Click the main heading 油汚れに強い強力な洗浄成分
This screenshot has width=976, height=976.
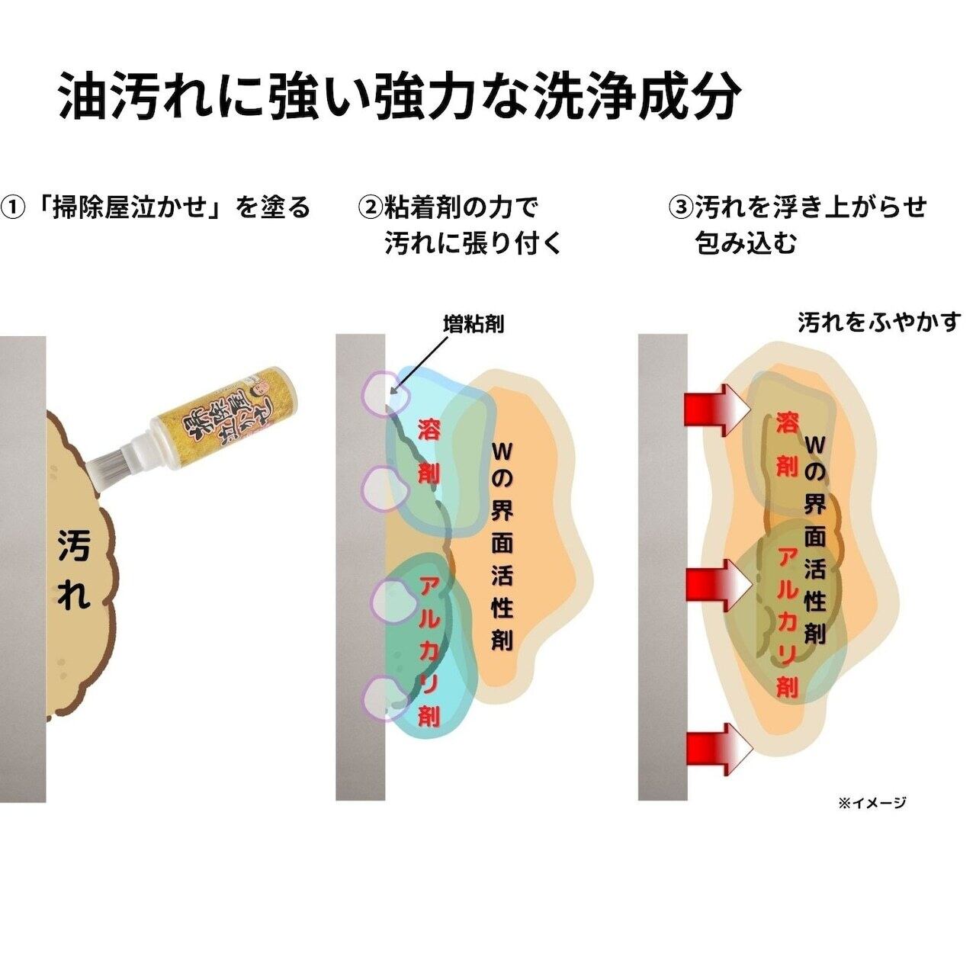(x=400, y=97)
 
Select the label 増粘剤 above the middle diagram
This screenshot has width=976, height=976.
(x=473, y=324)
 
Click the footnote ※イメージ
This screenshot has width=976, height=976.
(x=872, y=802)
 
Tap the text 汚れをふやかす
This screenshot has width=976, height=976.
(x=879, y=323)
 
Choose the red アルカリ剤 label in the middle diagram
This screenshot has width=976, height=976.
(x=429, y=650)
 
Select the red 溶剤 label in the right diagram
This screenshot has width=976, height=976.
(x=787, y=444)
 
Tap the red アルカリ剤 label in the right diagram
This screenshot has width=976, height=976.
(x=787, y=621)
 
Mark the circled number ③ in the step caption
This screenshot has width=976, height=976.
(x=681, y=207)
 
